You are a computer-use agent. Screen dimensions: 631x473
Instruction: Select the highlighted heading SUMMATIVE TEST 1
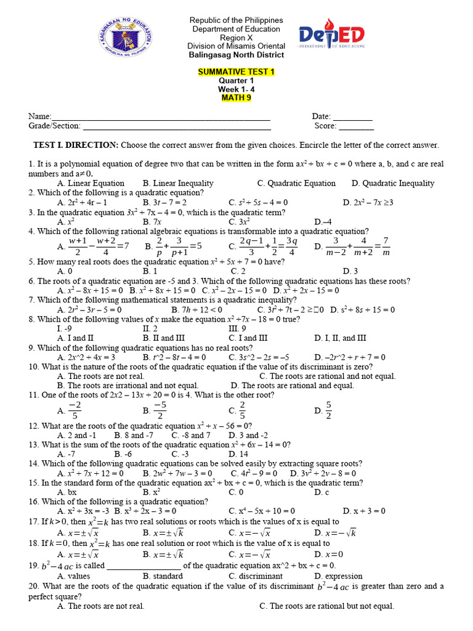pyautogui.click(x=236, y=72)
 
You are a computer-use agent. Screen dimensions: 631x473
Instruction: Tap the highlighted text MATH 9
pyautogui.click(x=236, y=97)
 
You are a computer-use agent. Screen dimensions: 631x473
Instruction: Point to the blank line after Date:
pyautogui.click(x=353, y=117)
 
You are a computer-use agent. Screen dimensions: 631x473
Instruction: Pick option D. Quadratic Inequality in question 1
pyautogui.click(x=392, y=183)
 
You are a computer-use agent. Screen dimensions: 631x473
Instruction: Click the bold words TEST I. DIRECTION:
pyautogui.click(x=76, y=145)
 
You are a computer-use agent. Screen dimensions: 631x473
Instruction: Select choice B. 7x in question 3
pyautogui.click(x=152, y=221)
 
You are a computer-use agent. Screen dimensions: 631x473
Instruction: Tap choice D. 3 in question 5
pyautogui.click(x=350, y=271)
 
